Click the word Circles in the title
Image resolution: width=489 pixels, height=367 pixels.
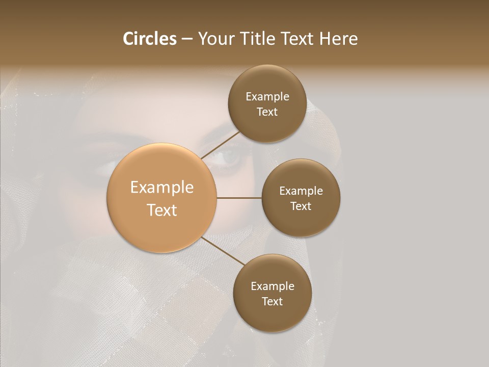point(149,39)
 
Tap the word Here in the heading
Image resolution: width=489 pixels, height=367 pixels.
point(339,39)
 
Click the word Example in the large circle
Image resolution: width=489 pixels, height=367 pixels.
point(162,188)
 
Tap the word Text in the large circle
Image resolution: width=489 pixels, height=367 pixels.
point(162,209)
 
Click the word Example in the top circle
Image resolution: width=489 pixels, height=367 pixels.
point(267,97)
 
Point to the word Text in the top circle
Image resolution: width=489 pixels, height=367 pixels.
point(267,112)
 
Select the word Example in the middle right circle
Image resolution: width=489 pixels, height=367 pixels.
point(301,191)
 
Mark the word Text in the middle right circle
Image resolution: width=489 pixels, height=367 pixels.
point(301,206)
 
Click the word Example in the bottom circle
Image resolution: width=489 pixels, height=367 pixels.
point(272,286)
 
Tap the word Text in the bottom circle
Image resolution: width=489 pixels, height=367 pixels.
point(272,301)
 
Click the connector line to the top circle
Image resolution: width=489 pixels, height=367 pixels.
point(220,145)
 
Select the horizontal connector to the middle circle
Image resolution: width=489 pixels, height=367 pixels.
point(239,198)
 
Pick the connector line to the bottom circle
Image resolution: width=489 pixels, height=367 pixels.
point(223,251)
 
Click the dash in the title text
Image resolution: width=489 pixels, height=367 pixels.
point(187,39)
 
